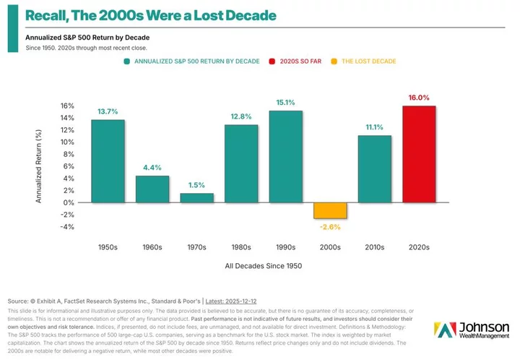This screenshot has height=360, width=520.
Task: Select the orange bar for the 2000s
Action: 330,210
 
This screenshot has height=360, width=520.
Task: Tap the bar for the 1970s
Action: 196,198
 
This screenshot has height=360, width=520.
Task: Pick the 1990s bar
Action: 285,157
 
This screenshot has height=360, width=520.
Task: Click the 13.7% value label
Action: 108,111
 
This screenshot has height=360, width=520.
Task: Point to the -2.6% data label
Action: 330,226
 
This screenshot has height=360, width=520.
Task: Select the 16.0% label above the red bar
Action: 420,98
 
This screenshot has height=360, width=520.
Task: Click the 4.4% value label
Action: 152,168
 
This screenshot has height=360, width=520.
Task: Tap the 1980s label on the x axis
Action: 241,247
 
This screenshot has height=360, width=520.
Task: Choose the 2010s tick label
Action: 375,247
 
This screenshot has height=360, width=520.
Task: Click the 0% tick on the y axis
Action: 68,202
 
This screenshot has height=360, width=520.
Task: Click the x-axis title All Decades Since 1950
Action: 263,266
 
